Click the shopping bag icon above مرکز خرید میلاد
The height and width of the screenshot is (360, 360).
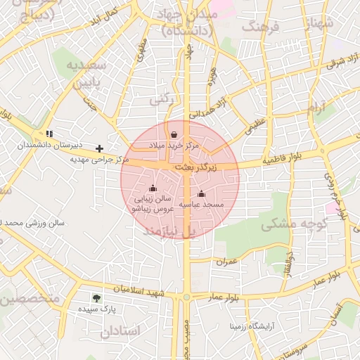tap(174, 134)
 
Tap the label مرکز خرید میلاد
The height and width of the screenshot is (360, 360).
tap(173, 144)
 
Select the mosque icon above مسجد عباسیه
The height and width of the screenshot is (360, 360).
tap(201, 194)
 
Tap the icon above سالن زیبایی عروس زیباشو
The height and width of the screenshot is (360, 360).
tap(153, 188)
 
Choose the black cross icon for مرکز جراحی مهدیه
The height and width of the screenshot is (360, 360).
tap(100, 148)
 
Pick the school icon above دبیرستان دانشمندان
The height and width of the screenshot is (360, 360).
tap(49, 134)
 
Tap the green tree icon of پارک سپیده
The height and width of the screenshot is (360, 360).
tap(96, 298)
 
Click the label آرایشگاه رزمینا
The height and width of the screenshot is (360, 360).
tap(253, 326)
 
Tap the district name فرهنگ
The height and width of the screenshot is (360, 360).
tap(261, 27)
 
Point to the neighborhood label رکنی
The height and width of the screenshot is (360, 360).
tap(160, 101)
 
